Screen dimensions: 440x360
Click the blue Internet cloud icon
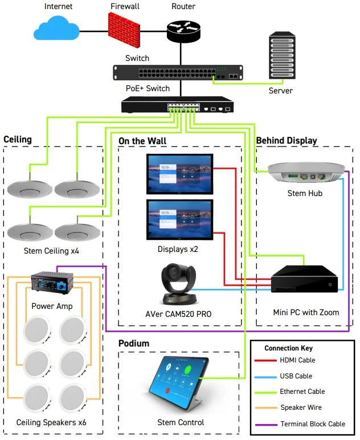click(56, 28)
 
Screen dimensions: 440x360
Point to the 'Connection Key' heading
click(288, 348)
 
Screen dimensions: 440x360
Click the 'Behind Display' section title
click(286, 140)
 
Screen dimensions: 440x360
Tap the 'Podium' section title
click(133, 343)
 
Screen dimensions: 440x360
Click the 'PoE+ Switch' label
click(148, 88)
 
